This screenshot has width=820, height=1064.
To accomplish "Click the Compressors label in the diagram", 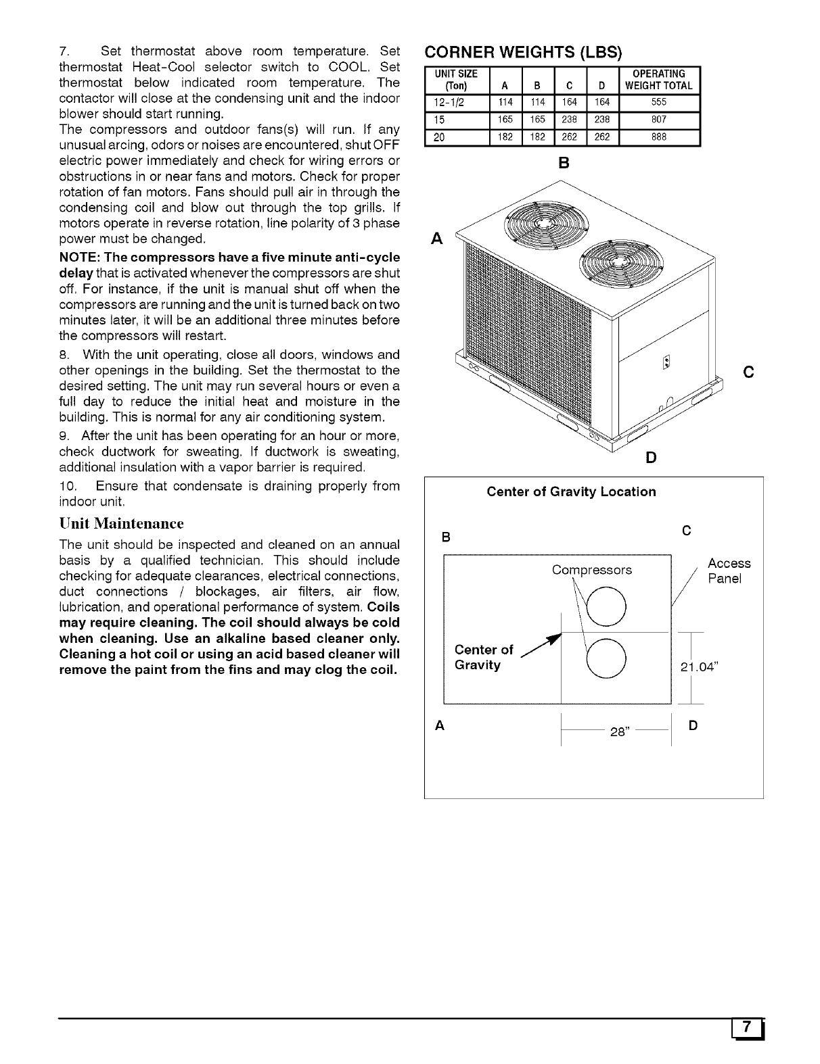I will click(592, 570).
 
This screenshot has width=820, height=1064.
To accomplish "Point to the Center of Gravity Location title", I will click(571, 492).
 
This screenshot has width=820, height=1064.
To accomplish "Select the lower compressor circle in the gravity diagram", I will click(606, 656).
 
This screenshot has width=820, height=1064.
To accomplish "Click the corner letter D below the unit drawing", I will click(651, 458).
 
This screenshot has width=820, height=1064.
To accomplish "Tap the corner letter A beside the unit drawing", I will click(437, 239).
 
